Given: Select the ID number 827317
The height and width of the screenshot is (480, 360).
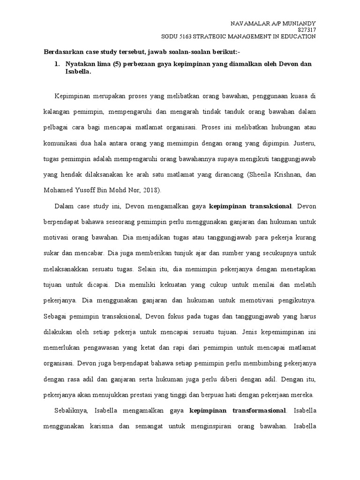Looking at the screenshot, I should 306,30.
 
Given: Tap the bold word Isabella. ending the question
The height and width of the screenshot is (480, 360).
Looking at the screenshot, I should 79,72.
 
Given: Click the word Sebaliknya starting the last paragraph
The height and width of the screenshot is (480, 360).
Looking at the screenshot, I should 71,412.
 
